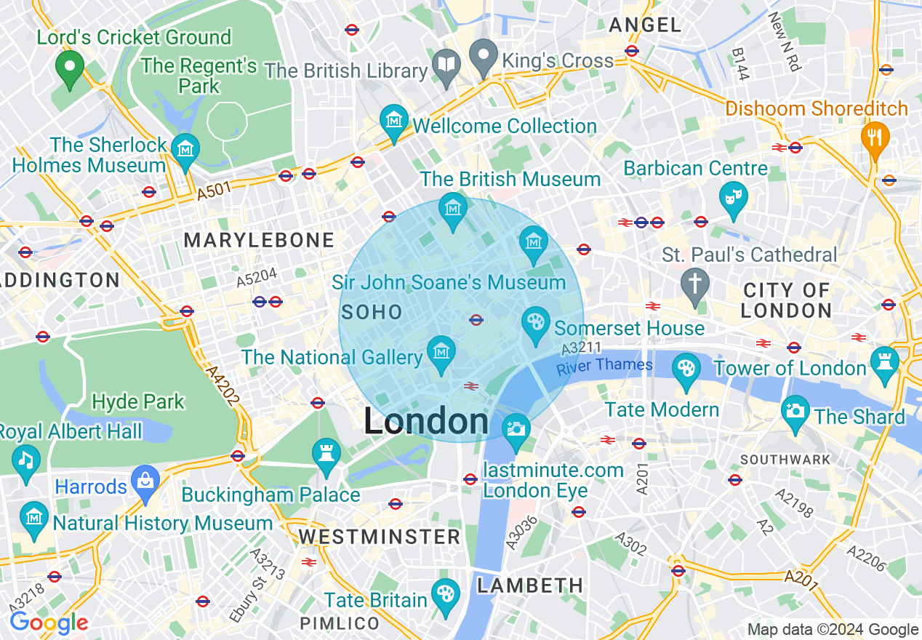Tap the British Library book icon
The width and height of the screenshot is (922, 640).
446,63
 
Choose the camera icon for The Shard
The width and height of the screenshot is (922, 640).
795,410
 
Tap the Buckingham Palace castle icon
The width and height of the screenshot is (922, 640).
326,453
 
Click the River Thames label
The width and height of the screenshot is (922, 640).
604,366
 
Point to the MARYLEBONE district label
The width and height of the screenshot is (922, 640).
259,240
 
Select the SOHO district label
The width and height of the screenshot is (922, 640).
372,313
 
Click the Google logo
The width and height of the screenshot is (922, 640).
49,623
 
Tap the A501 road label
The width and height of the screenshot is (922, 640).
213,191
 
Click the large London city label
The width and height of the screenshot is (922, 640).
426,422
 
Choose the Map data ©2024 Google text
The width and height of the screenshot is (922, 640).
833,630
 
